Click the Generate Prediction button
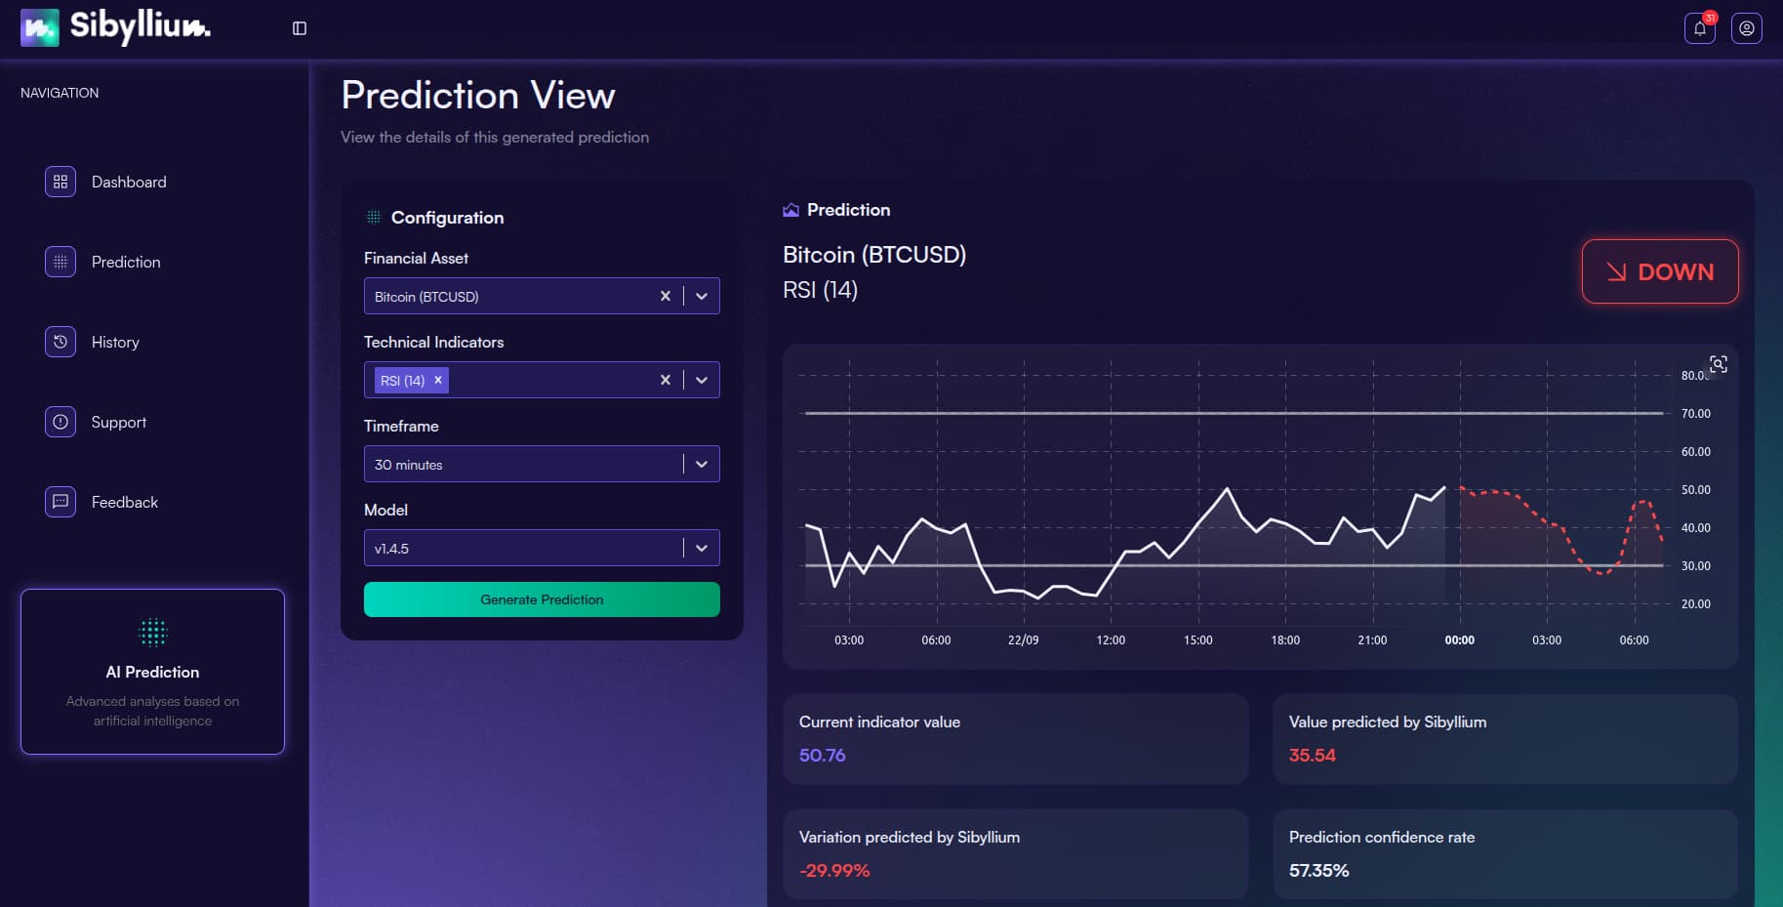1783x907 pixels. click(x=542, y=599)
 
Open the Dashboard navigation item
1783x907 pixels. click(x=128, y=182)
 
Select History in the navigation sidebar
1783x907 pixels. click(x=114, y=342)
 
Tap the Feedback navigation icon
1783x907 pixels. click(x=61, y=502)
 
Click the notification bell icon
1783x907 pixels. click(x=1699, y=28)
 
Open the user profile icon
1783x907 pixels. click(x=1746, y=28)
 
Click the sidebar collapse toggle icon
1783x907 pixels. click(x=300, y=28)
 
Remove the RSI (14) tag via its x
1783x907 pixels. click(x=438, y=380)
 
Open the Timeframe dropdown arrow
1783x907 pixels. click(x=702, y=464)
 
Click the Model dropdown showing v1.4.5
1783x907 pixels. click(x=527, y=548)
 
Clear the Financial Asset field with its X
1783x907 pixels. click(x=666, y=296)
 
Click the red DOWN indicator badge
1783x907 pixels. click(x=1659, y=271)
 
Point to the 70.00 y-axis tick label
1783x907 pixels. click(x=1695, y=414)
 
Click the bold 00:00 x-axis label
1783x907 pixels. click(x=1459, y=640)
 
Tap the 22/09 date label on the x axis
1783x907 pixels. click(x=1023, y=640)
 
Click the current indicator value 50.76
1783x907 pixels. click(x=822, y=755)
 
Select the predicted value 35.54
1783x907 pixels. click(x=1312, y=755)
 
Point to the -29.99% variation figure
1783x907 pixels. click(x=834, y=870)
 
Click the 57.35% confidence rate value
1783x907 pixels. click(x=1318, y=870)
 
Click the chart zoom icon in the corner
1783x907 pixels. click(x=1719, y=364)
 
